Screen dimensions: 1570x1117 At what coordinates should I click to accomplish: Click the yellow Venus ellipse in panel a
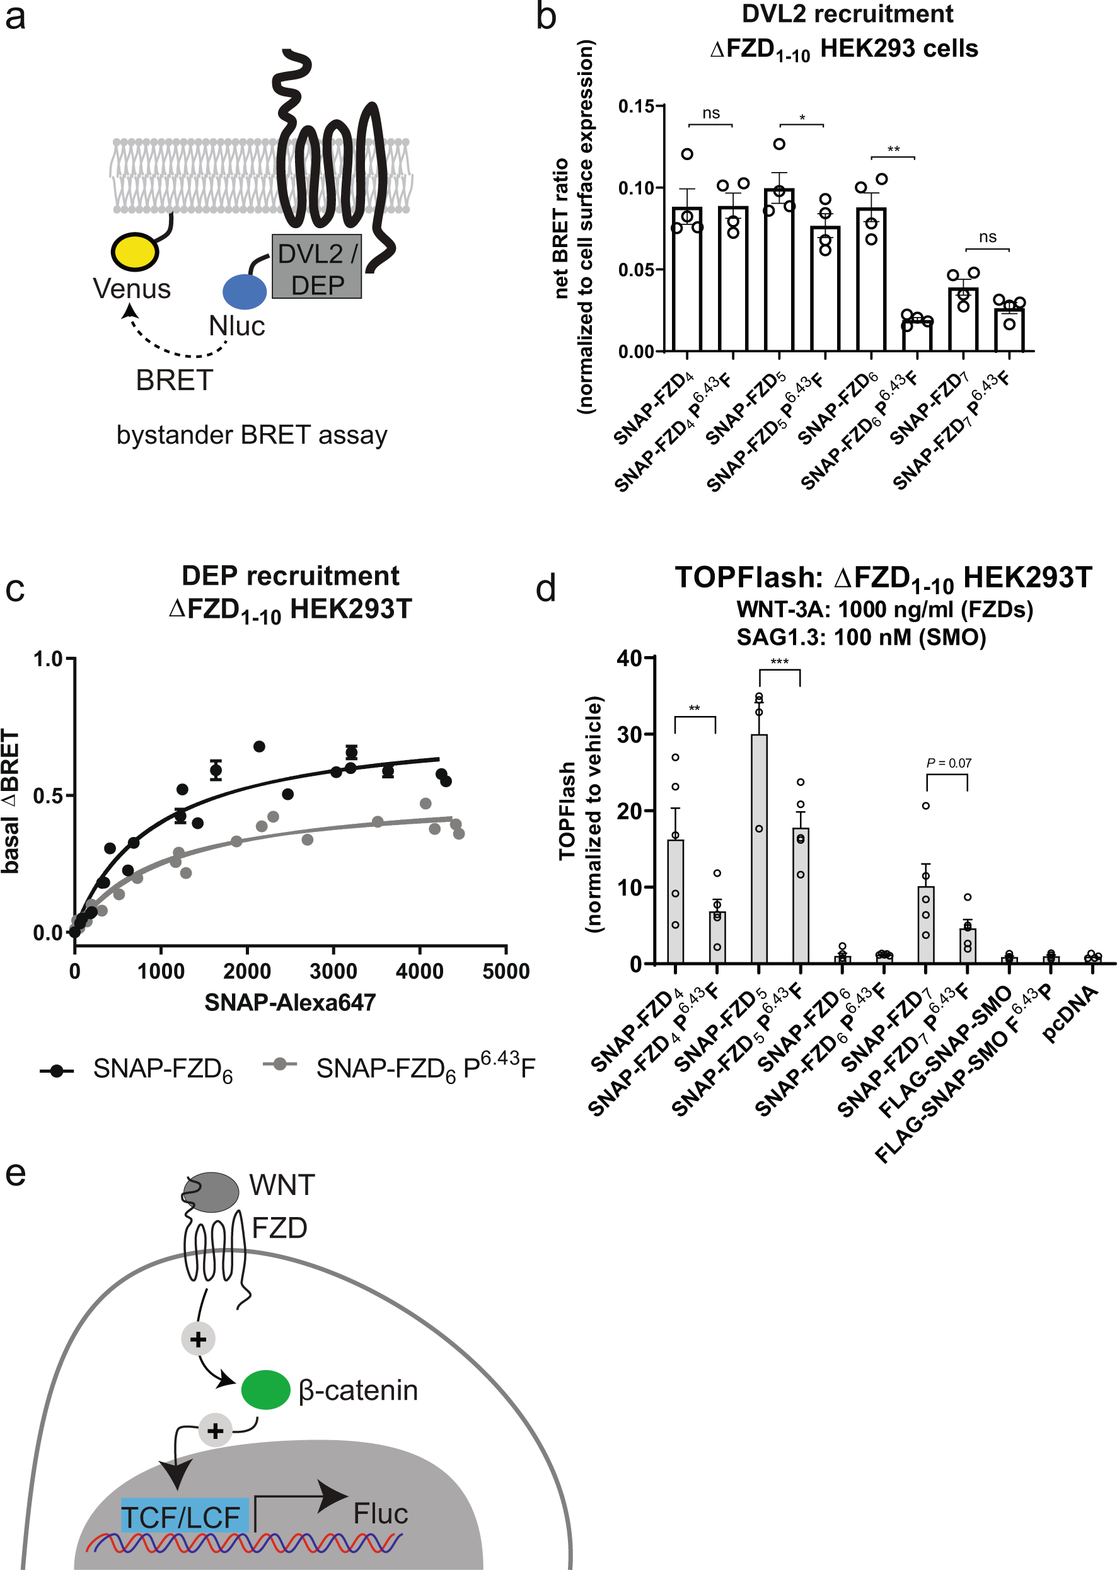(x=135, y=251)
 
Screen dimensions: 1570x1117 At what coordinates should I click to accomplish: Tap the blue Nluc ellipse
(x=244, y=291)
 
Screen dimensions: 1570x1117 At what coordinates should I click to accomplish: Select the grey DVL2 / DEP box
(x=316, y=267)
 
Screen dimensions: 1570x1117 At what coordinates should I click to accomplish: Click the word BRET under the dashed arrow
(x=174, y=380)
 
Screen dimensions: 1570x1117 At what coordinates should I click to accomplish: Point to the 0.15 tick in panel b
(x=637, y=107)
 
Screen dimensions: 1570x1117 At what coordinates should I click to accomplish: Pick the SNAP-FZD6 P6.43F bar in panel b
(x=917, y=335)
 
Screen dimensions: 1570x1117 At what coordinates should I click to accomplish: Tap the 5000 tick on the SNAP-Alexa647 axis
(x=506, y=971)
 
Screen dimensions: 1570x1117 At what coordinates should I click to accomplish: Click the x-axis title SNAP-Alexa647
(x=289, y=1003)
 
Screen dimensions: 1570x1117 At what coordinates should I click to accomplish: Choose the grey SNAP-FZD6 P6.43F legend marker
(x=279, y=1064)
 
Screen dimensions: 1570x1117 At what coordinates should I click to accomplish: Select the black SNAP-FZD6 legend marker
(x=57, y=1071)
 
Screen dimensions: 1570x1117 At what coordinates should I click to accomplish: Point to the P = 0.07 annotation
(x=949, y=763)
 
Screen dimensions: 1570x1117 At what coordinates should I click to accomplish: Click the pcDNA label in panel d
(x=1070, y=1013)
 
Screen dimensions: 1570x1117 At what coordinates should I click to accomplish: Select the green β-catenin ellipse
(x=265, y=1389)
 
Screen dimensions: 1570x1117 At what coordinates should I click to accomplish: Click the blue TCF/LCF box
(x=183, y=1516)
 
